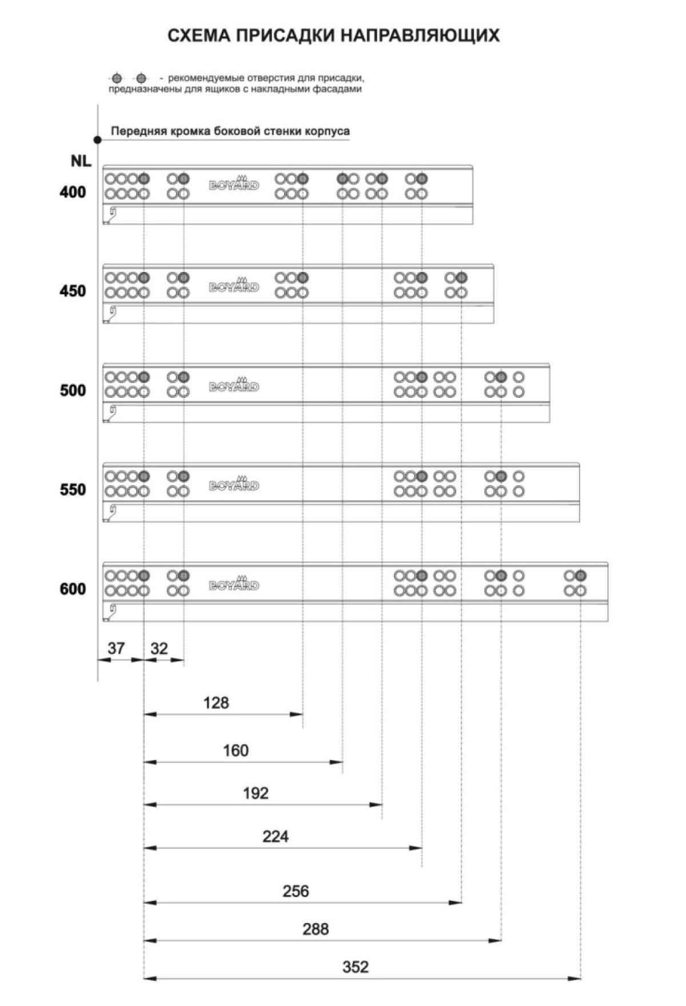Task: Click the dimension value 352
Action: pos(355,967)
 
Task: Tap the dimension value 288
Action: pos(316,929)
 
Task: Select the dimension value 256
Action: pos(296,891)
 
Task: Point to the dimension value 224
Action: pos(276,837)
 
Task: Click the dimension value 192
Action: pos(256,793)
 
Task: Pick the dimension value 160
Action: pos(236,750)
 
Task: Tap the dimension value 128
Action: pos(216,702)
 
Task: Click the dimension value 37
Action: pos(116,648)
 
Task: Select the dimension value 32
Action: pos(159,648)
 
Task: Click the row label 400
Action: pos(73,192)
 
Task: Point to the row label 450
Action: pos(73,291)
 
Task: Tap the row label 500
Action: pos(73,390)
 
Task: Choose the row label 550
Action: pos(73,490)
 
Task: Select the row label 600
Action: pos(73,589)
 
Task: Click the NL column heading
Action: pos(81,161)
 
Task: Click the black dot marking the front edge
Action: pos(98,139)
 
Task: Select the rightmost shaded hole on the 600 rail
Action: pos(581,576)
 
